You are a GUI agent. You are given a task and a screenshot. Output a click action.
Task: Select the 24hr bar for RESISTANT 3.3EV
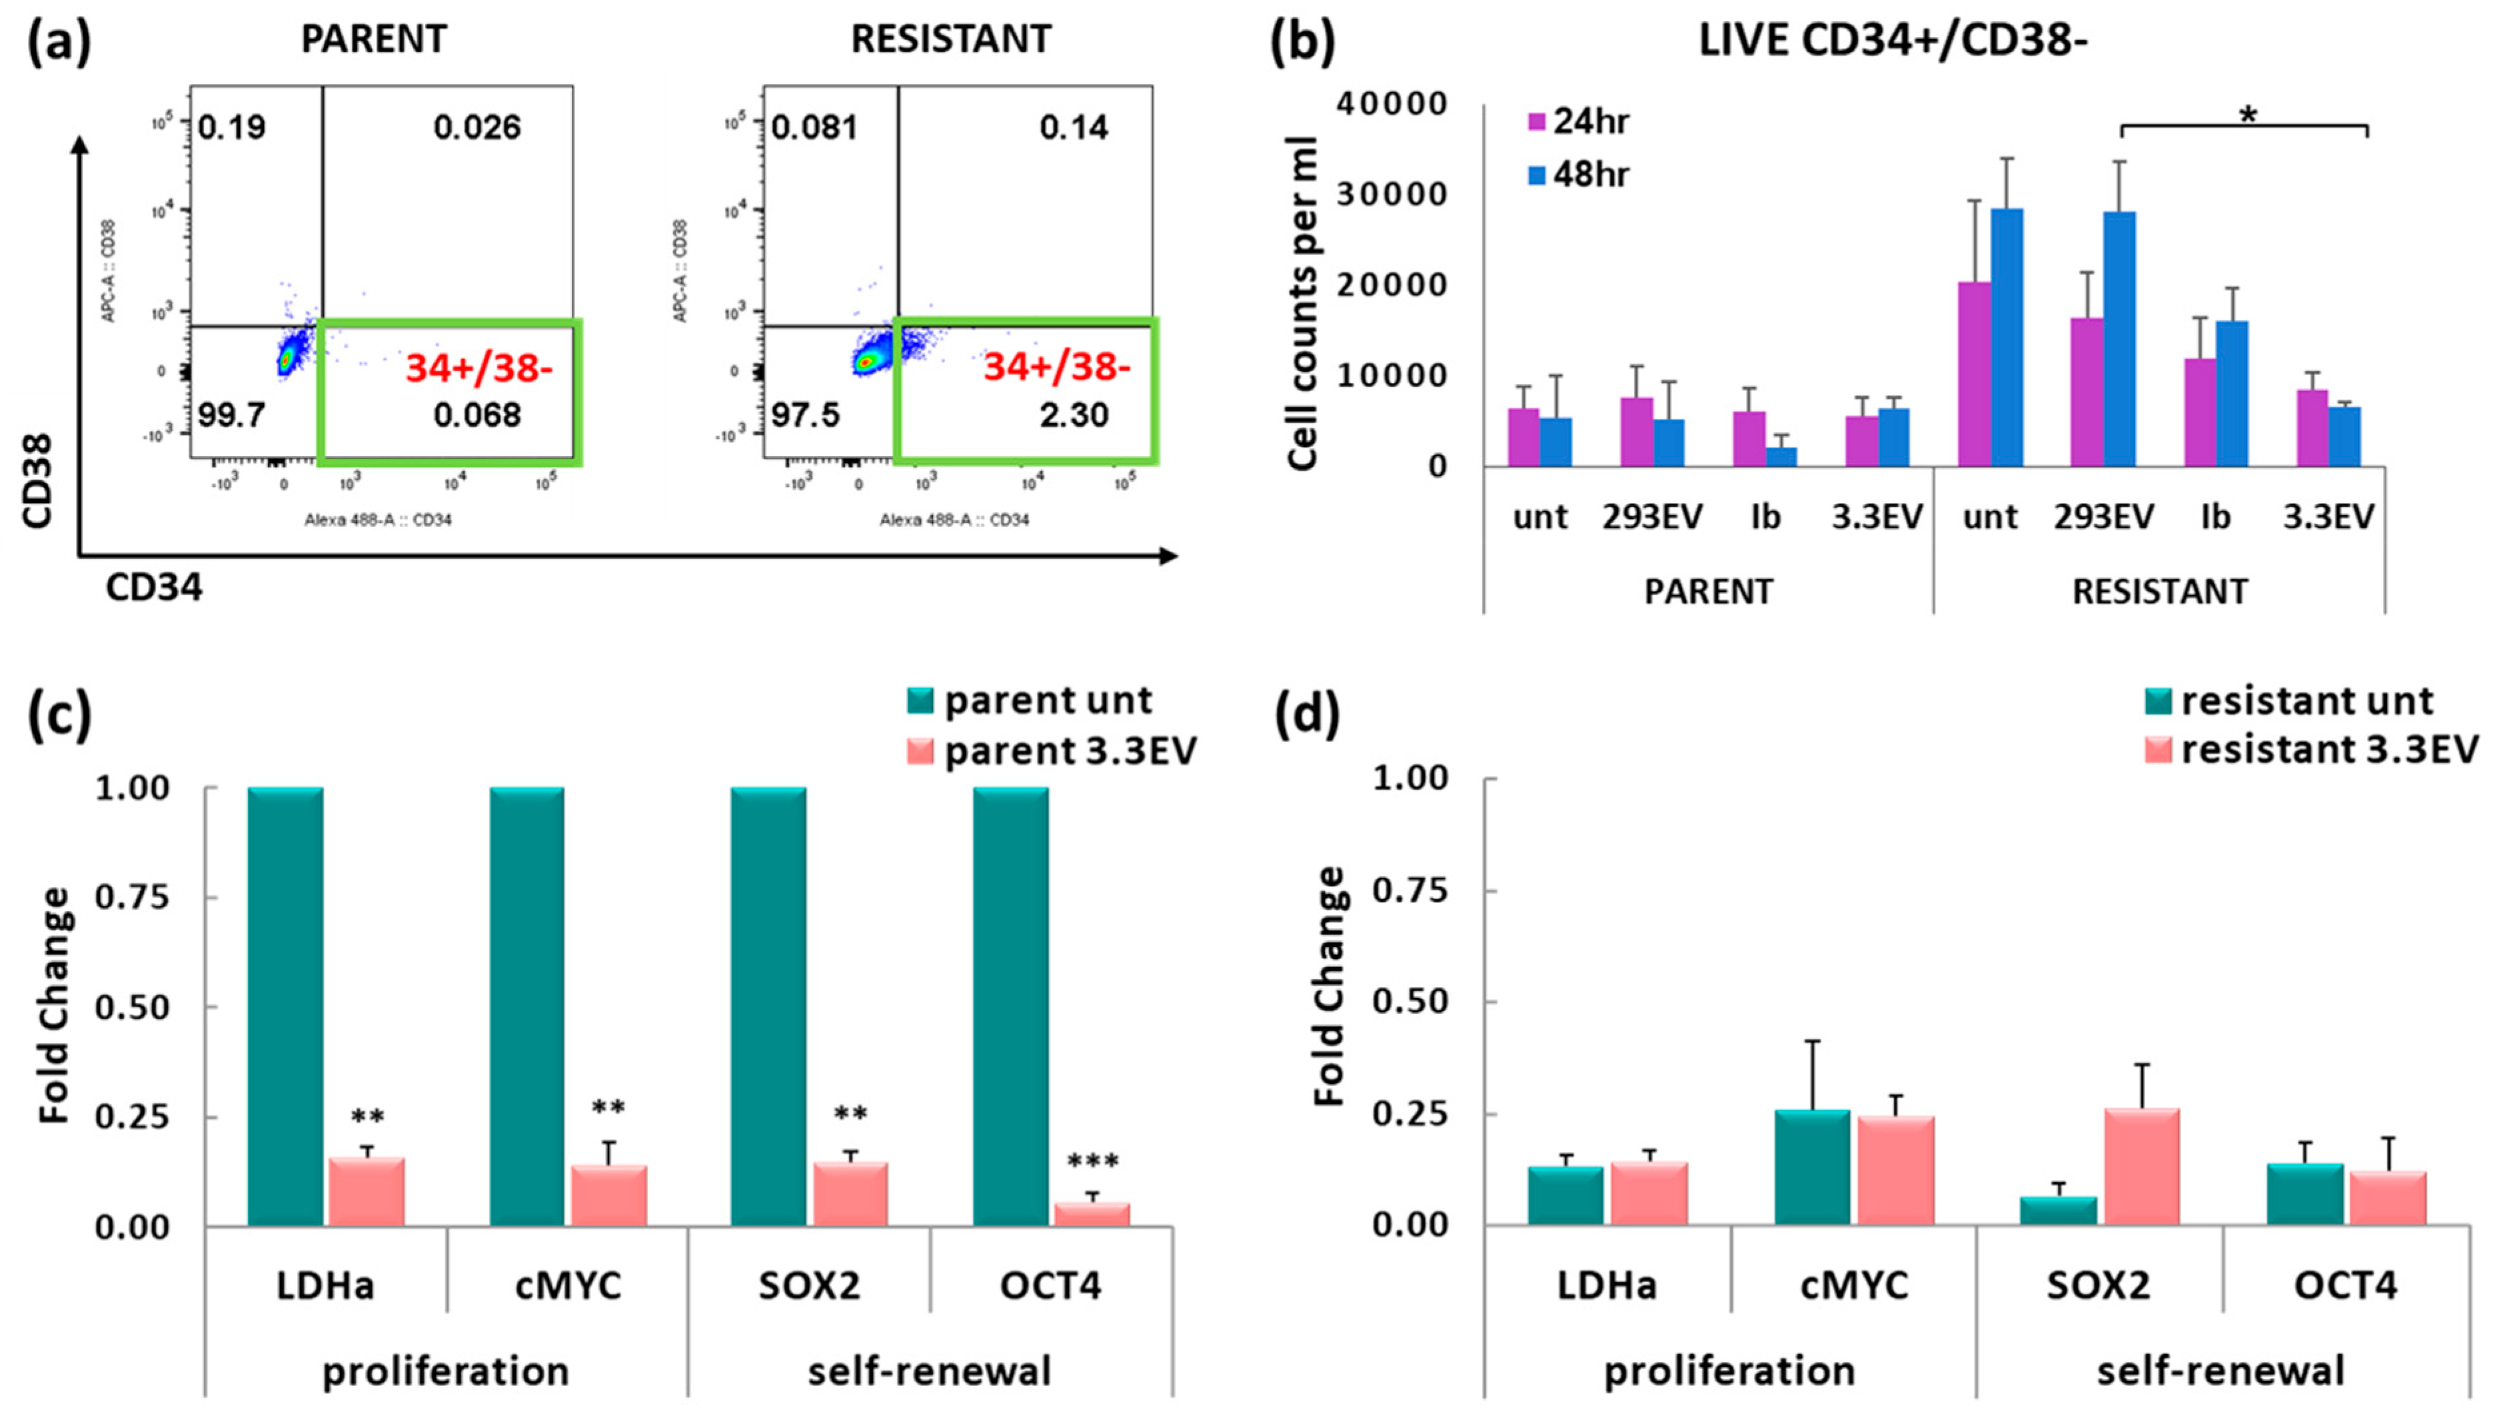[x=2312, y=428]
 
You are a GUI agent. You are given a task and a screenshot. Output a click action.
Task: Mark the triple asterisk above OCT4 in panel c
[x=1092, y=1161]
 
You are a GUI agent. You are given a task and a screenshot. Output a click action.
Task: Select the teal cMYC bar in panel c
[x=526, y=1006]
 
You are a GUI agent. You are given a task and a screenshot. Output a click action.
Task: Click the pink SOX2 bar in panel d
[x=2141, y=1166]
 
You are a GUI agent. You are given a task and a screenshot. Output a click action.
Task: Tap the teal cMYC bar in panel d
[x=1811, y=1166]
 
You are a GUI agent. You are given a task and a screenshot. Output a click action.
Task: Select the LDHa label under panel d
[x=1606, y=1285]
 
